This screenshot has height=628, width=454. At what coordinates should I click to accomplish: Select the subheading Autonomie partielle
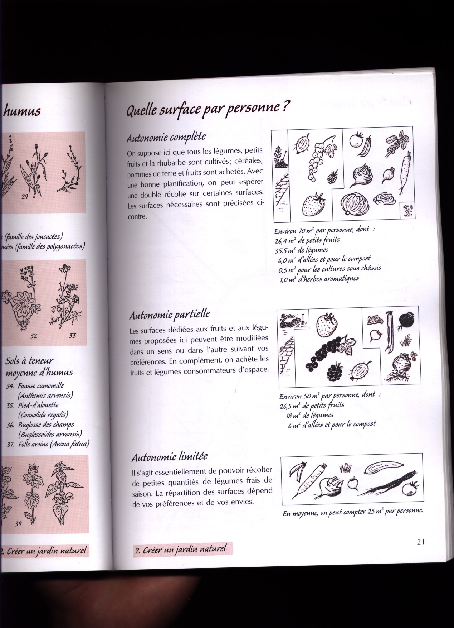click(169, 315)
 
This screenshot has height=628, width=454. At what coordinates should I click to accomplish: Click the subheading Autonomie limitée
click(169, 456)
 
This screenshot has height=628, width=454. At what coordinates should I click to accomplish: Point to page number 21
click(420, 542)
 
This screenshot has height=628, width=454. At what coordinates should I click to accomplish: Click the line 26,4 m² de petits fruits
click(307, 240)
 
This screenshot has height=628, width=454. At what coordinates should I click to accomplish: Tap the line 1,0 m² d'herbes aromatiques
click(319, 278)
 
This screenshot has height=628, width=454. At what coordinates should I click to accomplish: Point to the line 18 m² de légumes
click(309, 415)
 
